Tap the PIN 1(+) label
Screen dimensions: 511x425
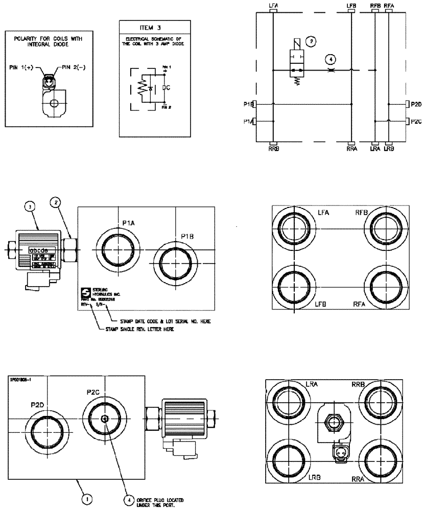(22, 67)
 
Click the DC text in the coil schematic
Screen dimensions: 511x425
(166, 87)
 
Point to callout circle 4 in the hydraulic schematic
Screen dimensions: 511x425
(331, 59)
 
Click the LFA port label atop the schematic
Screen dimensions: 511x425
(274, 5)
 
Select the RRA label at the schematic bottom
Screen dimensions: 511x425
(351, 149)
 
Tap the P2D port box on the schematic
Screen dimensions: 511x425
(414, 104)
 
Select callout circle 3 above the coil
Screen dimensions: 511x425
(32, 207)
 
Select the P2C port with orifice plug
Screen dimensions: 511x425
(104, 419)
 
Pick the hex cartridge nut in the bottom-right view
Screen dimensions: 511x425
(333, 422)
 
